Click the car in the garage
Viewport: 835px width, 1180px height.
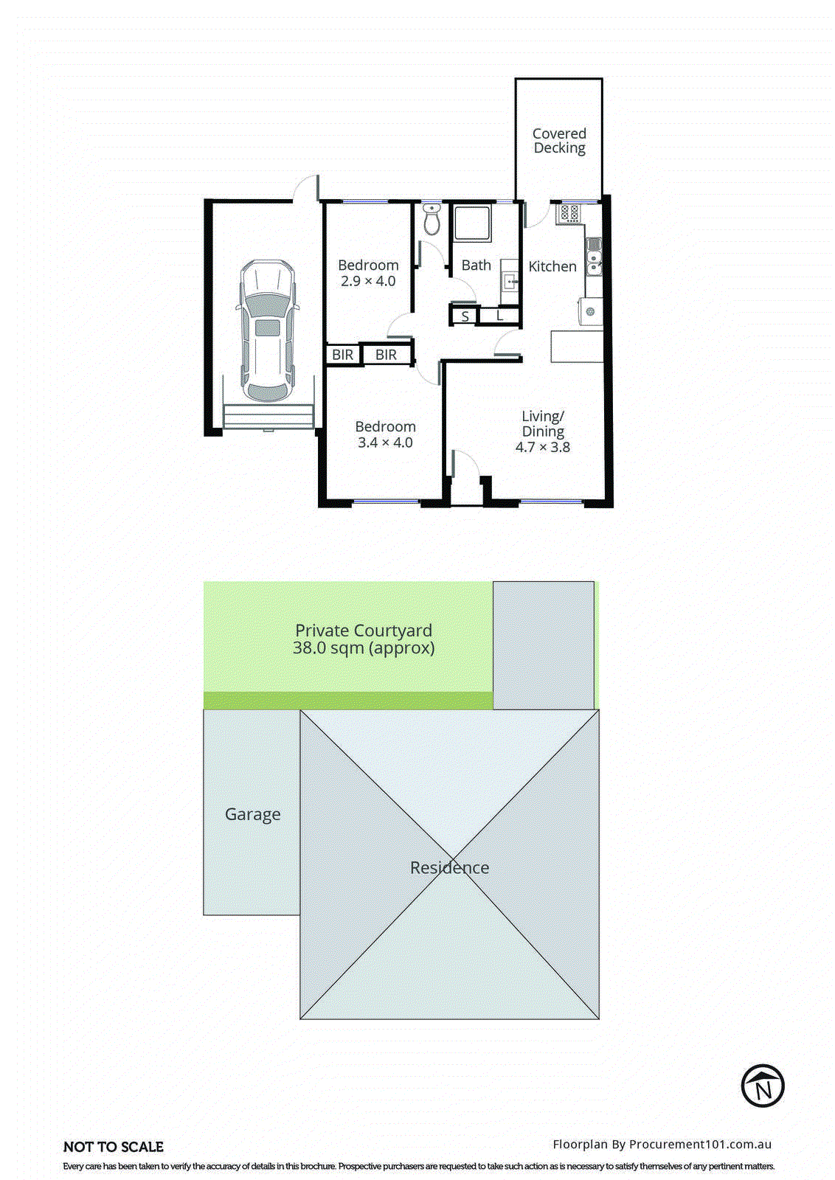(267, 330)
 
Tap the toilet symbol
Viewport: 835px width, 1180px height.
(432, 220)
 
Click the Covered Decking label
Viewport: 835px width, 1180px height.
(559, 141)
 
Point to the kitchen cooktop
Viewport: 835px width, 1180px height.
(569, 214)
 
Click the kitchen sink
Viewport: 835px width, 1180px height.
(594, 259)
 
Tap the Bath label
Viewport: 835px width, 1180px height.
(476, 265)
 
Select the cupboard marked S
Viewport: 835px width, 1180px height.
(465, 317)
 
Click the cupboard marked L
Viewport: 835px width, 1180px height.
(499, 316)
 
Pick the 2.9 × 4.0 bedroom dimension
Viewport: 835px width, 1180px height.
(368, 282)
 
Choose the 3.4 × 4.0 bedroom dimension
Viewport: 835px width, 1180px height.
(385, 443)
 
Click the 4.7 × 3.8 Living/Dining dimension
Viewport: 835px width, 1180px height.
(542, 448)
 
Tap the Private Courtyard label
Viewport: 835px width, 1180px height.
(363, 631)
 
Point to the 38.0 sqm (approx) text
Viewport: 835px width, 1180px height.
(363, 648)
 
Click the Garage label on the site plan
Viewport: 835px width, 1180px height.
(252, 814)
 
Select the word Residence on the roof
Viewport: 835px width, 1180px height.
(449, 868)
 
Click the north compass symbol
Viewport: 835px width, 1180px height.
(762, 1086)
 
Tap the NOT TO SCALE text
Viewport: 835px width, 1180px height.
(114, 1147)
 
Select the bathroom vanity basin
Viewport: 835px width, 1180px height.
(510, 281)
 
